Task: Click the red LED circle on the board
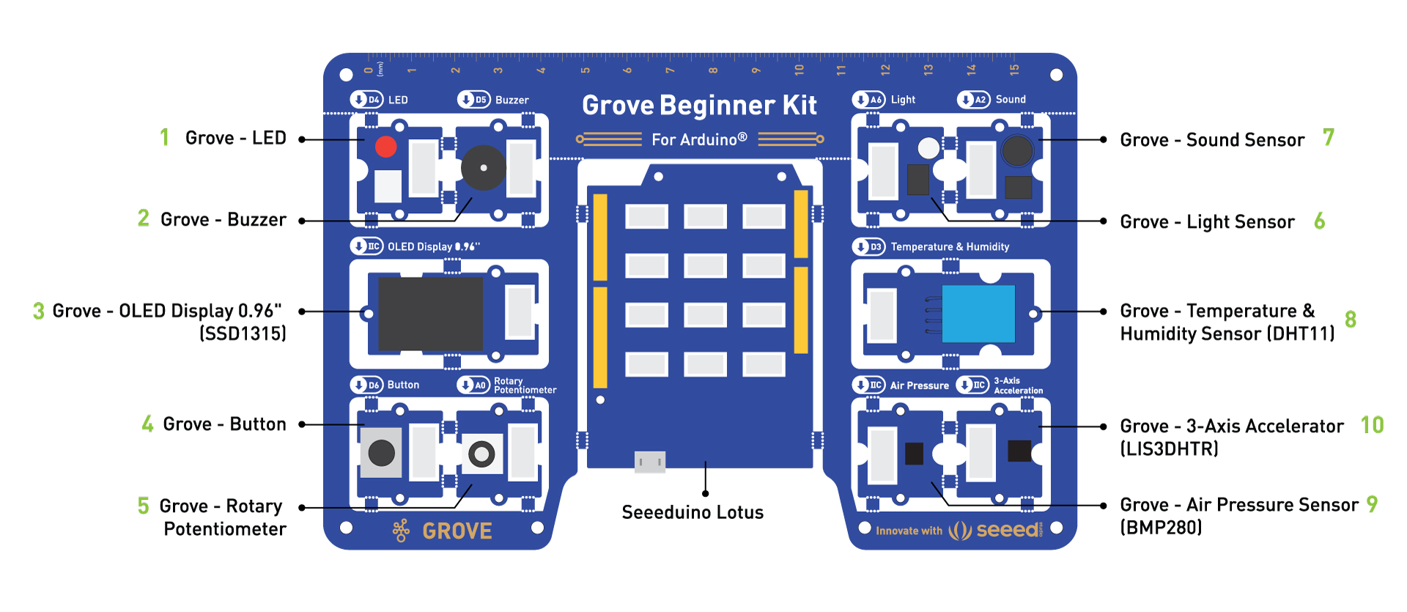(385, 147)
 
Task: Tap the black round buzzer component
(483, 168)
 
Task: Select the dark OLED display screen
(430, 313)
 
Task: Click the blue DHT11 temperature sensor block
(978, 314)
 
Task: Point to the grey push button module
(381, 452)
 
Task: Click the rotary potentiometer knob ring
(481, 454)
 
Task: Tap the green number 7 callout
(1329, 137)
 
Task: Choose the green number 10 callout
(1372, 425)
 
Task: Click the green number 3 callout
(39, 311)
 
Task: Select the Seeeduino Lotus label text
(693, 512)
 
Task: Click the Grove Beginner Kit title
(699, 106)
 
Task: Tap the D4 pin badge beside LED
(366, 100)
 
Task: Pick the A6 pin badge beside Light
(869, 100)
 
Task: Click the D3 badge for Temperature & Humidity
(869, 247)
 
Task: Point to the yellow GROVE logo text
(457, 531)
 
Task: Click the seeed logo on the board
(1008, 529)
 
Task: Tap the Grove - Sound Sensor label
(1212, 140)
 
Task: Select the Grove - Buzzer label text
(224, 220)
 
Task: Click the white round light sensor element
(928, 148)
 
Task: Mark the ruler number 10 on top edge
(799, 70)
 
